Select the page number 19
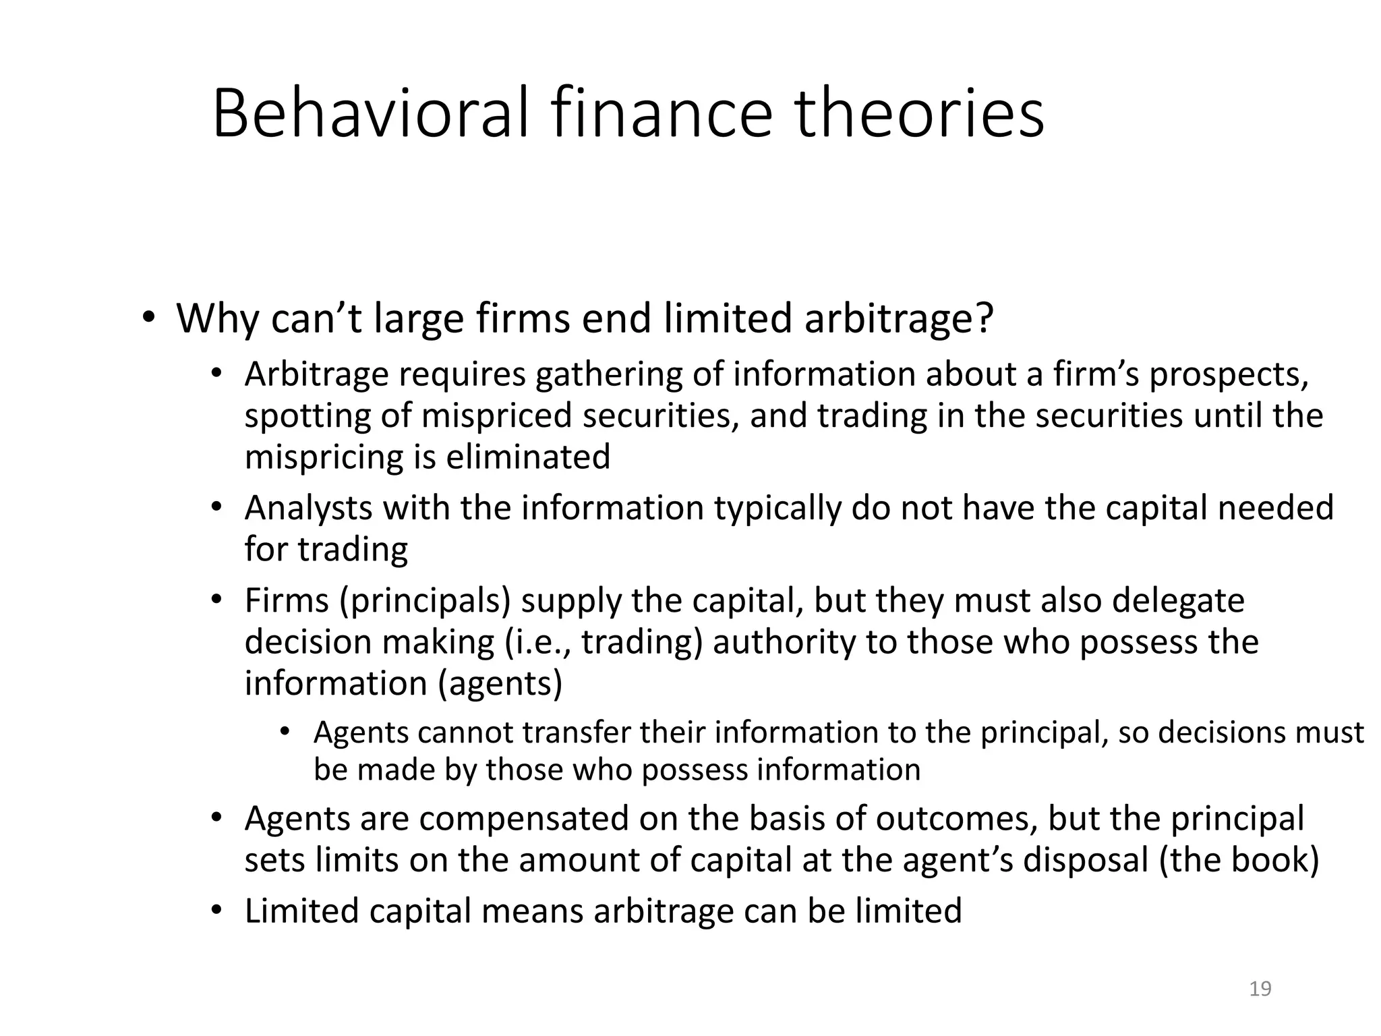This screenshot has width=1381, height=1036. pyautogui.click(x=1260, y=989)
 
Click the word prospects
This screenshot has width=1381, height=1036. pyautogui.click(x=1228, y=376)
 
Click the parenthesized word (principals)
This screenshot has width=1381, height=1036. pyautogui.click(x=425, y=601)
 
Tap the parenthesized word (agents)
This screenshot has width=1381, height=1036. pyautogui.click(x=500, y=683)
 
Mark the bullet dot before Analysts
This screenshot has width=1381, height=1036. pyautogui.click(x=216, y=507)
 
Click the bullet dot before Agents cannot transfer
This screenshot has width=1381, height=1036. pyautogui.click(x=285, y=732)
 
